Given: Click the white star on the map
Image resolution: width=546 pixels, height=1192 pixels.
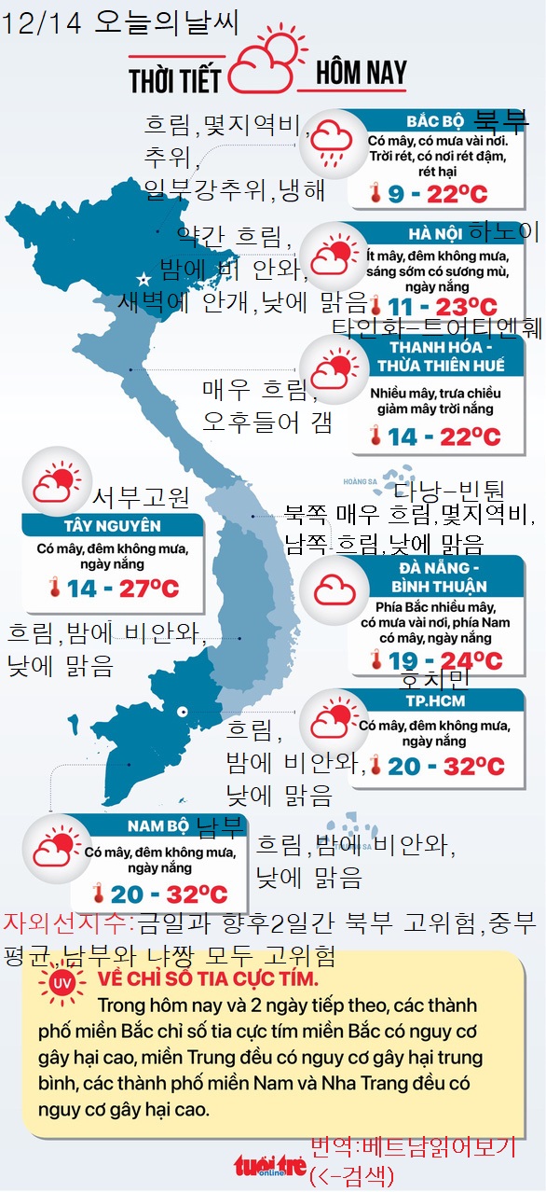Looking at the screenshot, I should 143,279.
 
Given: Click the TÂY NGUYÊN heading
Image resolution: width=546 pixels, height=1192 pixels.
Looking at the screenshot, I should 112,526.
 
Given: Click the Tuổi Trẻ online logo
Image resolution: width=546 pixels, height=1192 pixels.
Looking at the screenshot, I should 269,1166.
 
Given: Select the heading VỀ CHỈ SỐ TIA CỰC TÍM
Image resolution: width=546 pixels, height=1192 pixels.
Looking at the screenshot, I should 207,981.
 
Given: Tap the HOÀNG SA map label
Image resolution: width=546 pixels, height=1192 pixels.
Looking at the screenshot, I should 359,482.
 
